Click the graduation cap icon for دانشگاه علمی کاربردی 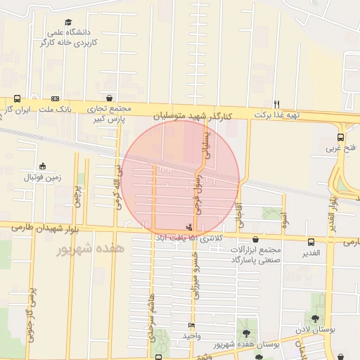tap(67, 22)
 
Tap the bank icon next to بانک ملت tap(55, 99)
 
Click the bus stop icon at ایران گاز tap(17, 99)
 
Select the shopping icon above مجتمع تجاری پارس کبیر tap(109, 98)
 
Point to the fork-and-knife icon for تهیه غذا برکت tap(277, 103)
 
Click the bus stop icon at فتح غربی tap(341, 137)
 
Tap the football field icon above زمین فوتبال tap(43, 167)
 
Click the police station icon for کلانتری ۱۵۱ tap(188, 227)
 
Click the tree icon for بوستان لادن tap(314, 319)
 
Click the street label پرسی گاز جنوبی tap(30, 313)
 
